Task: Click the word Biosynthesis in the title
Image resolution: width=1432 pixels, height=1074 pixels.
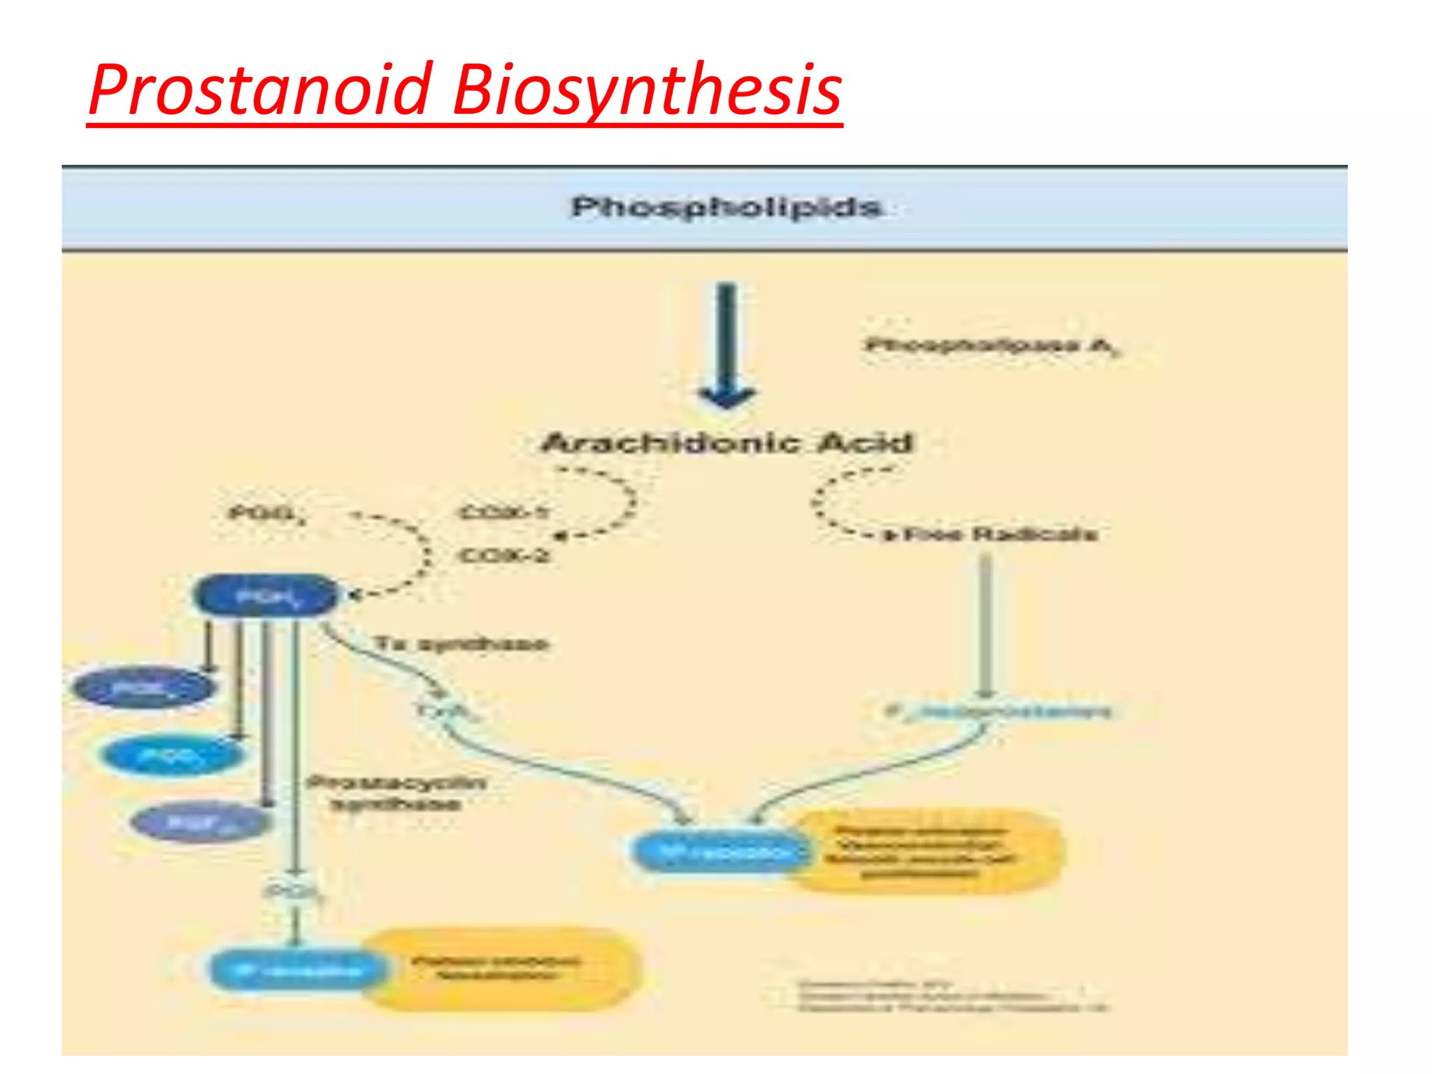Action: coord(647,91)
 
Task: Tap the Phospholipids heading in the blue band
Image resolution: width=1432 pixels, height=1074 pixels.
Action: coord(726,207)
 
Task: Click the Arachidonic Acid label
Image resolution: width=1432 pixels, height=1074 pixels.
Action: coord(727,443)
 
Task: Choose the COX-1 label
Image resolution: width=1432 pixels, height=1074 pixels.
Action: coord(503,513)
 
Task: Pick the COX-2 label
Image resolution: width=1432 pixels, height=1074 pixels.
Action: coord(503,556)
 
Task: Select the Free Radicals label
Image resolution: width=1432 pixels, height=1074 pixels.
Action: coord(1000,535)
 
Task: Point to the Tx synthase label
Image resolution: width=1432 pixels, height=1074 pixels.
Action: coord(461,643)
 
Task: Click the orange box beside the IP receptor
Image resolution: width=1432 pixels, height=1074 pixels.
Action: coord(500,968)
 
